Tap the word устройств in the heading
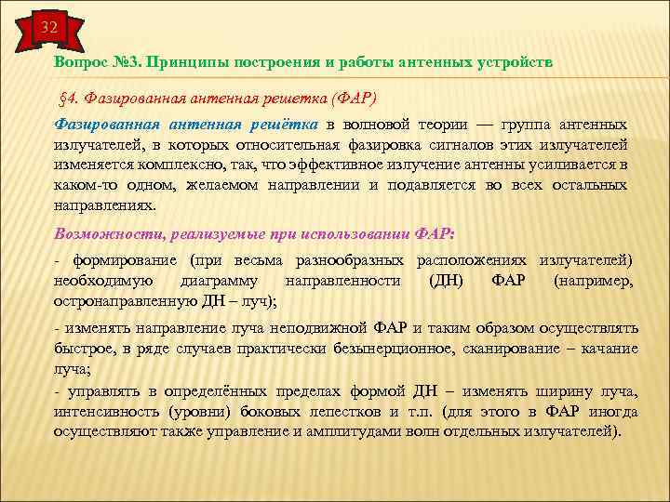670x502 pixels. pos(514,61)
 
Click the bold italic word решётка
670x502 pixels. pos(282,125)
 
